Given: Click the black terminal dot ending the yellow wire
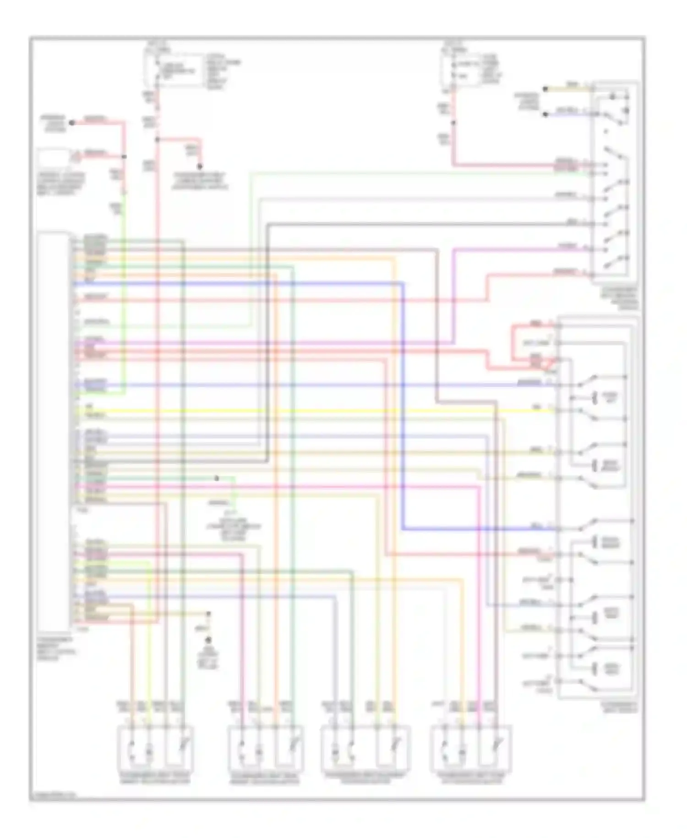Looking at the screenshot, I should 545,89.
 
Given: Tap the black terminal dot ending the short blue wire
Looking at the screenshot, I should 545,114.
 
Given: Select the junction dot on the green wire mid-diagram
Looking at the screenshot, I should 217,478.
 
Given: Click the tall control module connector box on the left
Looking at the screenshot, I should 54,431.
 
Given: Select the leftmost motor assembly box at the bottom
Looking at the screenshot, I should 156,747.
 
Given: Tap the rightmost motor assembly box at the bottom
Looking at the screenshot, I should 471,747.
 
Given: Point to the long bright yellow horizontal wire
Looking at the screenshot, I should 321,411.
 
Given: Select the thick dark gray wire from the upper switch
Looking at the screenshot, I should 412,224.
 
